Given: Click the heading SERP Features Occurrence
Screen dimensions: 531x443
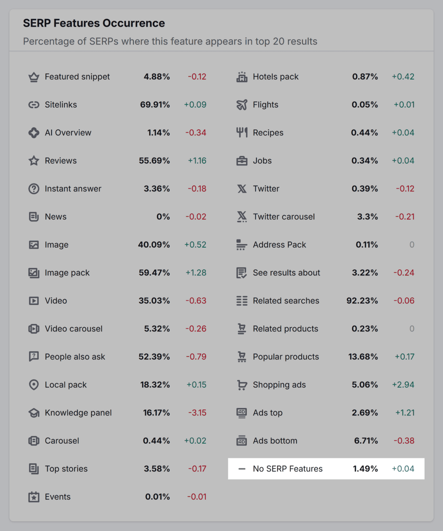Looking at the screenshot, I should [94, 23].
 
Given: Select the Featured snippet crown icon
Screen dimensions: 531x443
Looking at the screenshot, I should [34, 77].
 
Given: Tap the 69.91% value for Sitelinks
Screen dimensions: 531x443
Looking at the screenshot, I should [155, 105].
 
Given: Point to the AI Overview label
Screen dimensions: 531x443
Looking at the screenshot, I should [68, 133].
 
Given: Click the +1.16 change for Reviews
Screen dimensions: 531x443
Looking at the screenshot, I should [197, 161].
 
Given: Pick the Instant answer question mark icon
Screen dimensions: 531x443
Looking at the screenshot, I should [34, 189].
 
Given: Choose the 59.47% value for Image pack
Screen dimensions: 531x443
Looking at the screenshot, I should [154, 273].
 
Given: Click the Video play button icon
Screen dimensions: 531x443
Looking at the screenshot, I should [34, 301].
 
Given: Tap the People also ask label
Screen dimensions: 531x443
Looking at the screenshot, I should [75, 357].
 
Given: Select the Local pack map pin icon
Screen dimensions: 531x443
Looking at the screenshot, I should [34, 385].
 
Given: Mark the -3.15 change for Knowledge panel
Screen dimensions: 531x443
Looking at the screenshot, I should [197, 413].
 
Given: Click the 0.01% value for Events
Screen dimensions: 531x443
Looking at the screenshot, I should [157, 497].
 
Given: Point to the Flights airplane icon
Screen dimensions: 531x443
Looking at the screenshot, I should [242, 105].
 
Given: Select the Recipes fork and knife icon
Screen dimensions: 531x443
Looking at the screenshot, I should [242, 133].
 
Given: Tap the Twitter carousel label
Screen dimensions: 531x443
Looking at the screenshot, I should [284, 217].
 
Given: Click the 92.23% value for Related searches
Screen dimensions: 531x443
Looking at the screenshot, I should [362, 301].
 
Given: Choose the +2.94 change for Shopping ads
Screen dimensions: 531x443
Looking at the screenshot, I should [403, 385].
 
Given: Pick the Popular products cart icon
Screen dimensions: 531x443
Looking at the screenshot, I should [242, 357].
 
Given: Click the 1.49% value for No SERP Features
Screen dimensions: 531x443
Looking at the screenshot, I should [365, 469].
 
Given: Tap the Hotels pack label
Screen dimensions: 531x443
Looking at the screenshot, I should [275, 77].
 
